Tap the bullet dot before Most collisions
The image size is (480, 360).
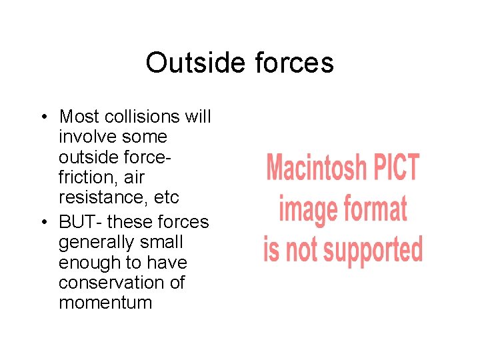click(43, 117)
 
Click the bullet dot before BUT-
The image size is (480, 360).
click(43, 222)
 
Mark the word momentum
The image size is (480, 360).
click(105, 303)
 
